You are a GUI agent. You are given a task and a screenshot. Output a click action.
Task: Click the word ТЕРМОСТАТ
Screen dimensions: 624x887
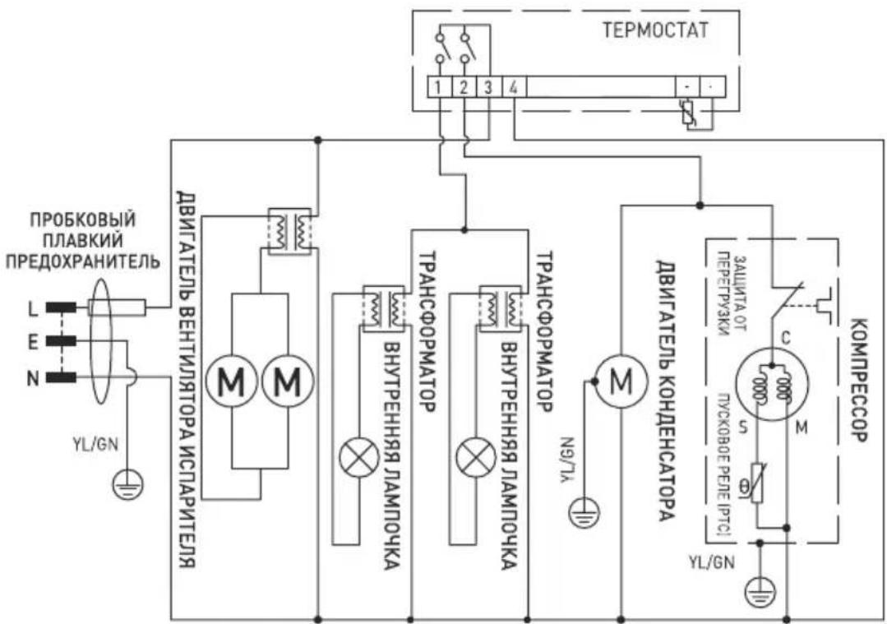pos(655,31)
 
